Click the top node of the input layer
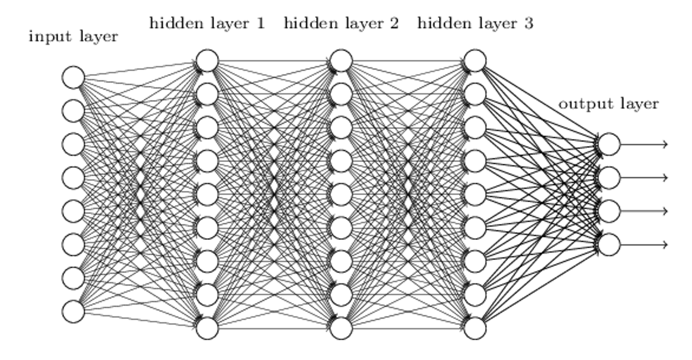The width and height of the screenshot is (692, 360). [73, 77]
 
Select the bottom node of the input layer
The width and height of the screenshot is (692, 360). [73, 312]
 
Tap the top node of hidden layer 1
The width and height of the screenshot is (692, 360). [207, 61]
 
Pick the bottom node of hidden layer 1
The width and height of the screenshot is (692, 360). [207, 328]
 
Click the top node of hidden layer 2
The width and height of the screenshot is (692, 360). [341, 61]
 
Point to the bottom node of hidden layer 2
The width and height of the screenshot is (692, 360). [341, 328]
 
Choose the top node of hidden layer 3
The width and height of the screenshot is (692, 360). [475, 61]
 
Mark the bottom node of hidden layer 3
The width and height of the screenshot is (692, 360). [475, 328]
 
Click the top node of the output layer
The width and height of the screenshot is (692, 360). [609, 144]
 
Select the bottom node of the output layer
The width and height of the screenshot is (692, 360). [609, 245]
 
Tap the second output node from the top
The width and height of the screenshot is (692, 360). [609, 178]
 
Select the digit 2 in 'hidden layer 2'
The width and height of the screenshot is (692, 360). [394, 24]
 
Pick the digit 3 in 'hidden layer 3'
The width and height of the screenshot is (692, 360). [529, 24]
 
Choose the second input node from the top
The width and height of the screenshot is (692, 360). [73, 111]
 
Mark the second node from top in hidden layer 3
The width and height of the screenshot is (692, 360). [475, 94]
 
